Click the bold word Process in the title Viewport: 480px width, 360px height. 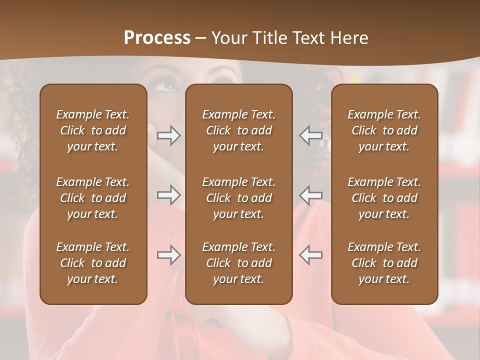point(157,38)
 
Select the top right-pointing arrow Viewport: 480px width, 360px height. point(169,136)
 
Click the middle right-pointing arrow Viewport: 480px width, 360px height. point(169,195)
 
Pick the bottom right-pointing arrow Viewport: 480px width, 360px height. point(169,255)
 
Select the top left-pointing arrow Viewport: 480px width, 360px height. point(310,136)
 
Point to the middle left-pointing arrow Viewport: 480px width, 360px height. point(310,195)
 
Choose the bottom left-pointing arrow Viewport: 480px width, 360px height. point(310,255)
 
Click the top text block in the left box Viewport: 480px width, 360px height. point(93,130)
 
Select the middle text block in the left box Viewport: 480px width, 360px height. point(93,198)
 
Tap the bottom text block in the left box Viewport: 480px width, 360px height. point(93,263)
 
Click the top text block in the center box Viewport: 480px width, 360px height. point(238,130)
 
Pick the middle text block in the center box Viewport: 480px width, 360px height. point(238,198)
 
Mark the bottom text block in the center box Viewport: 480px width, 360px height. point(238,263)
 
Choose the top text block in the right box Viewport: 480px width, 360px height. point(384,130)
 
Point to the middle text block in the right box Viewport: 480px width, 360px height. point(384,198)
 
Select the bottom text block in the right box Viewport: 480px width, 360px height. point(384,263)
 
